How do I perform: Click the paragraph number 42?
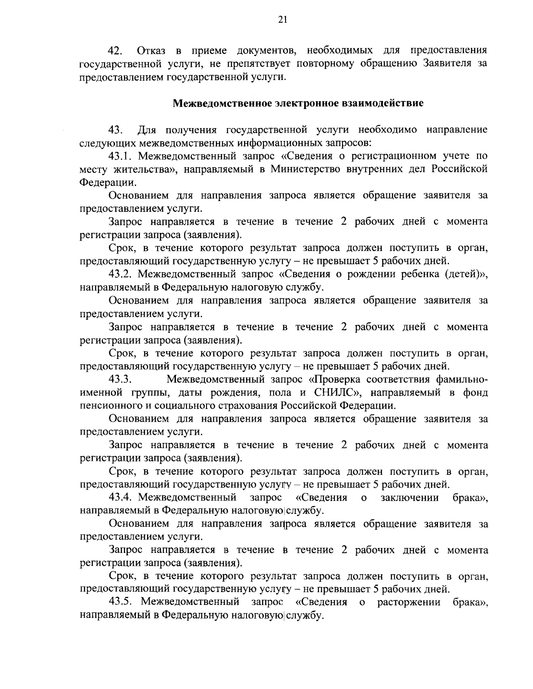(x=117, y=51)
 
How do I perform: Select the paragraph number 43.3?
(x=121, y=379)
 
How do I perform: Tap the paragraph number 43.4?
(x=121, y=497)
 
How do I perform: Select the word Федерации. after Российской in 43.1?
(x=108, y=182)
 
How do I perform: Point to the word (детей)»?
(x=466, y=274)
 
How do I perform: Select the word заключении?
(x=410, y=497)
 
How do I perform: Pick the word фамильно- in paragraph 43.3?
(x=462, y=379)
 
